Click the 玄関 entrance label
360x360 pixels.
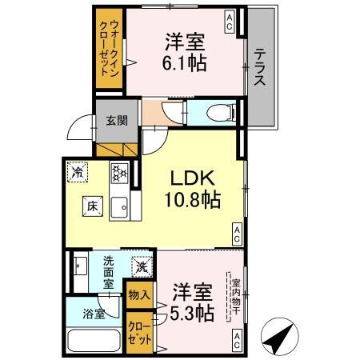pos(117,121)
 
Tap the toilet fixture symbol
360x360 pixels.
pos(222,112)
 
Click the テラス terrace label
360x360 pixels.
pos(259,67)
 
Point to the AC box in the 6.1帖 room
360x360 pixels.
pos(229,22)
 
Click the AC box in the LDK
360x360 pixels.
pos(237,234)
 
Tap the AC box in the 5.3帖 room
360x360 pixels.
pos(237,340)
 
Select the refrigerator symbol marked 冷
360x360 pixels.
pos(78,172)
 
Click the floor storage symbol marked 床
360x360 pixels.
pos(93,206)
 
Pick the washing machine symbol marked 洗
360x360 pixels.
pos(142,267)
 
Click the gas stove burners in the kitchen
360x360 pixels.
pos(119,173)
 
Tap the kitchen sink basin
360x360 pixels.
pos(119,208)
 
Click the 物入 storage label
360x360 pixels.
pos(139,295)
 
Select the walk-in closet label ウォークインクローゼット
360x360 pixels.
pos(109,48)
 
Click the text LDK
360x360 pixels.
pos(193,178)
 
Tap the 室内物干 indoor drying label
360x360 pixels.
pos(236,297)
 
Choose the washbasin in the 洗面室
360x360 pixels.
pos(80,266)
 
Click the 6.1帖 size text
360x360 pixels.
pos(185,63)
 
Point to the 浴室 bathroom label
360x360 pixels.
pos(94,314)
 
